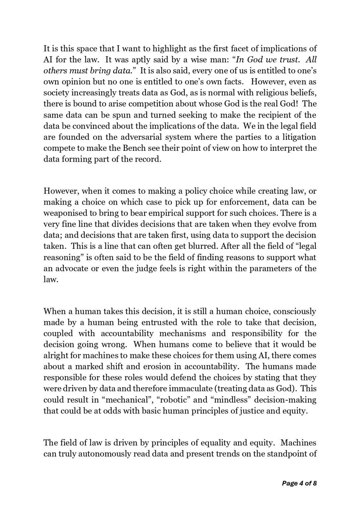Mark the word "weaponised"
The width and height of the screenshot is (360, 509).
click(x=63, y=213)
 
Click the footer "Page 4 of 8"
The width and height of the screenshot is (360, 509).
click(x=299, y=483)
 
